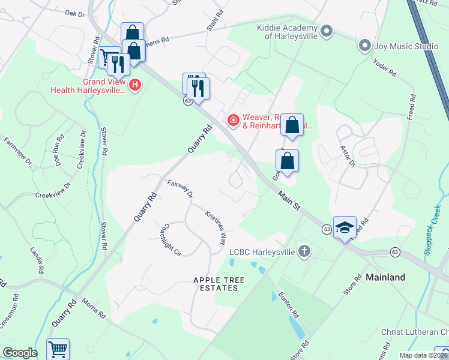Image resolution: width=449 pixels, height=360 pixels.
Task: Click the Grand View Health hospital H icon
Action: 135,85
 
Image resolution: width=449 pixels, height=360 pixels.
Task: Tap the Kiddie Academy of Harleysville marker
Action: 327,31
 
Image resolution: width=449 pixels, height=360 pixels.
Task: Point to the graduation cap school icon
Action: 345,227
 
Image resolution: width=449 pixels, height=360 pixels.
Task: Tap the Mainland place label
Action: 385,277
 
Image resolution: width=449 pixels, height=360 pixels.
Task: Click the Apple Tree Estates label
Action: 215,284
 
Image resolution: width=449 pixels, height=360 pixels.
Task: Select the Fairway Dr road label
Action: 180,189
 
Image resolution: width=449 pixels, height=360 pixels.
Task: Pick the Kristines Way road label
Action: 215,226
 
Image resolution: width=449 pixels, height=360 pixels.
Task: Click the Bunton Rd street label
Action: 288,305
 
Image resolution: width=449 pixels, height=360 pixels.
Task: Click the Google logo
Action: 20,353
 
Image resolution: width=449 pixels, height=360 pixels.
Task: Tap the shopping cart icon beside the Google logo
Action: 58,349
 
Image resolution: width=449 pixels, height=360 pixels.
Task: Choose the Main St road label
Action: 288,200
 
